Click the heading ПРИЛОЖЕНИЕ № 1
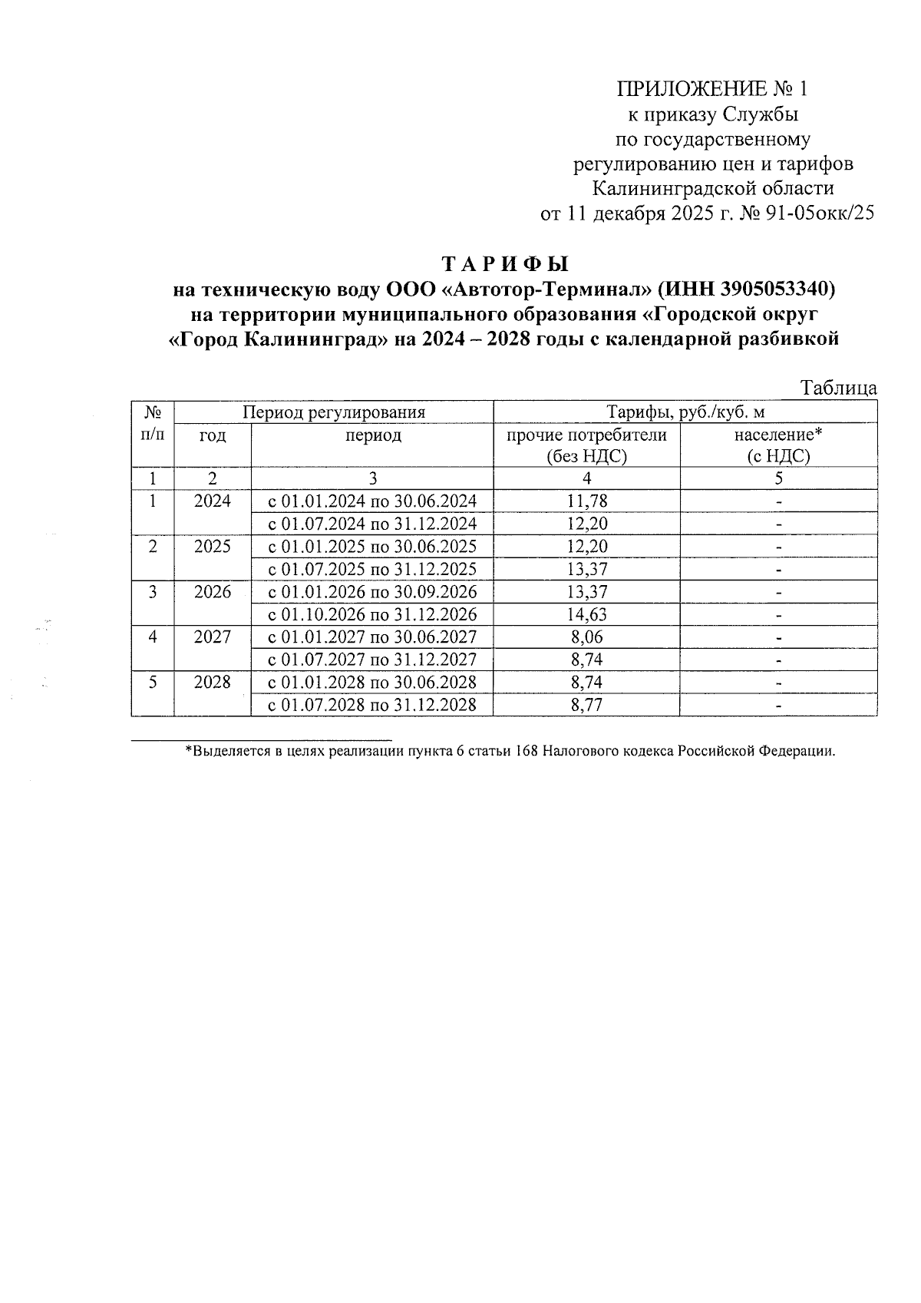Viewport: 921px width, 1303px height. click(x=713, y=90)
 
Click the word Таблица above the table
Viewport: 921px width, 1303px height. click(x=838, y=388)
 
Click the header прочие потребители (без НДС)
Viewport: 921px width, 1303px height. click(x=586, y=445)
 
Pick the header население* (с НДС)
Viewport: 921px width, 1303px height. click(x=778, y=445)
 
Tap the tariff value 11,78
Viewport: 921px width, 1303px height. click(x=586, y=501)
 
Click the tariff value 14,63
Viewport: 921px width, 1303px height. click(x=586, y=614)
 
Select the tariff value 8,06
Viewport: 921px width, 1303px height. click(x=586, y=637)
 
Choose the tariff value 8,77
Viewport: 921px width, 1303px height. click(x=586, y=705)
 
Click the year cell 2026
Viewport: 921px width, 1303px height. click(x=213, y=592)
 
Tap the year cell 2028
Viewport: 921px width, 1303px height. click(x=213, y=682)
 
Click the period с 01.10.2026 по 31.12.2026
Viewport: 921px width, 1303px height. click(x=371, y=614)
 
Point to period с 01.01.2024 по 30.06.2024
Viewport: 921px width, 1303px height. click(x=371, y=501)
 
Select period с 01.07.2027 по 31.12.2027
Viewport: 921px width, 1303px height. click(x=371, y=660)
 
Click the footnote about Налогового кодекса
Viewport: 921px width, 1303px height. click(x=510, y=751)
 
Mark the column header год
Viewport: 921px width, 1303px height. click(x=213, y=436)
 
